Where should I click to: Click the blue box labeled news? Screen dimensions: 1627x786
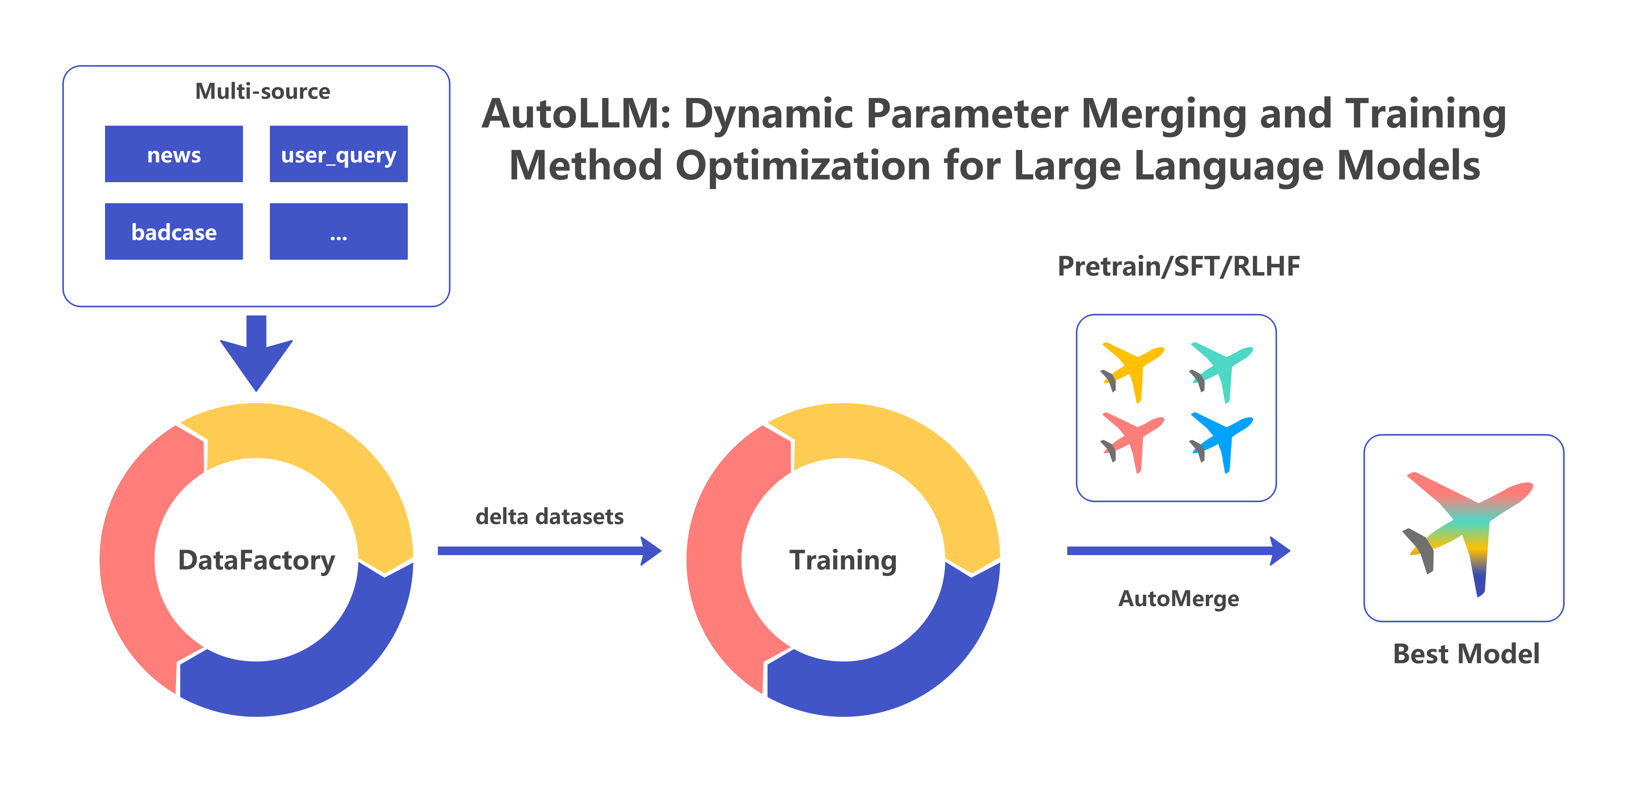click(174, 154)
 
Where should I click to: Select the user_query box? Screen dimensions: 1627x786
click(338, 154)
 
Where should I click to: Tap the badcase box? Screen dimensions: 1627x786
click(174, 232)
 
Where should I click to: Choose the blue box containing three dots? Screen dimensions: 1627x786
click(338, 232)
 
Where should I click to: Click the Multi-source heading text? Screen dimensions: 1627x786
click(262, 92)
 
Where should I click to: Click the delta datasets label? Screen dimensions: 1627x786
click(549, 516)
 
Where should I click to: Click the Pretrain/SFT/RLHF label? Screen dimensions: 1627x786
click(1179, 266)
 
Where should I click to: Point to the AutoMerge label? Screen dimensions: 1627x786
click(1179, 599)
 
